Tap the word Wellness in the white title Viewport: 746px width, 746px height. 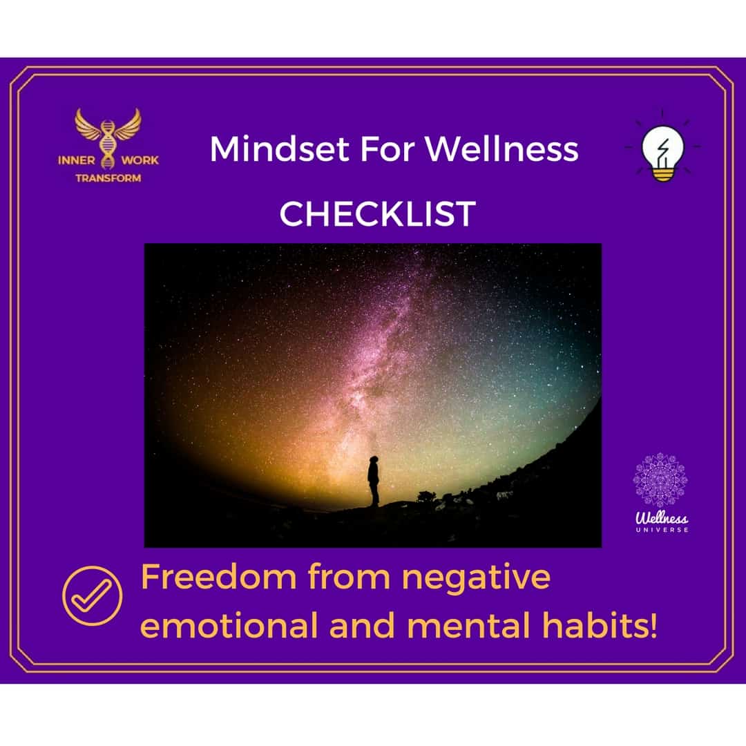[501, 149]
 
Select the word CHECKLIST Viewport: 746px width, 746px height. [377, 213]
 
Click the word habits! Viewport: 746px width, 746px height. [600, 626]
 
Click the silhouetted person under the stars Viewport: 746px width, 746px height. [374, 481]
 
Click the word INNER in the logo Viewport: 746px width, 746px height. [76, 160]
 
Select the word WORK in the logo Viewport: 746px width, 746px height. [140, 160]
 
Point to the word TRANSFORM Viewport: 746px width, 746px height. [108, 178]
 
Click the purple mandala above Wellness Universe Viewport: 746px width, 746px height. [660, 479]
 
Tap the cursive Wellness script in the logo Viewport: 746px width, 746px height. [662, 517]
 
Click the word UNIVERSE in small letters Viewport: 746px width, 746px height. [662, 530]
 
